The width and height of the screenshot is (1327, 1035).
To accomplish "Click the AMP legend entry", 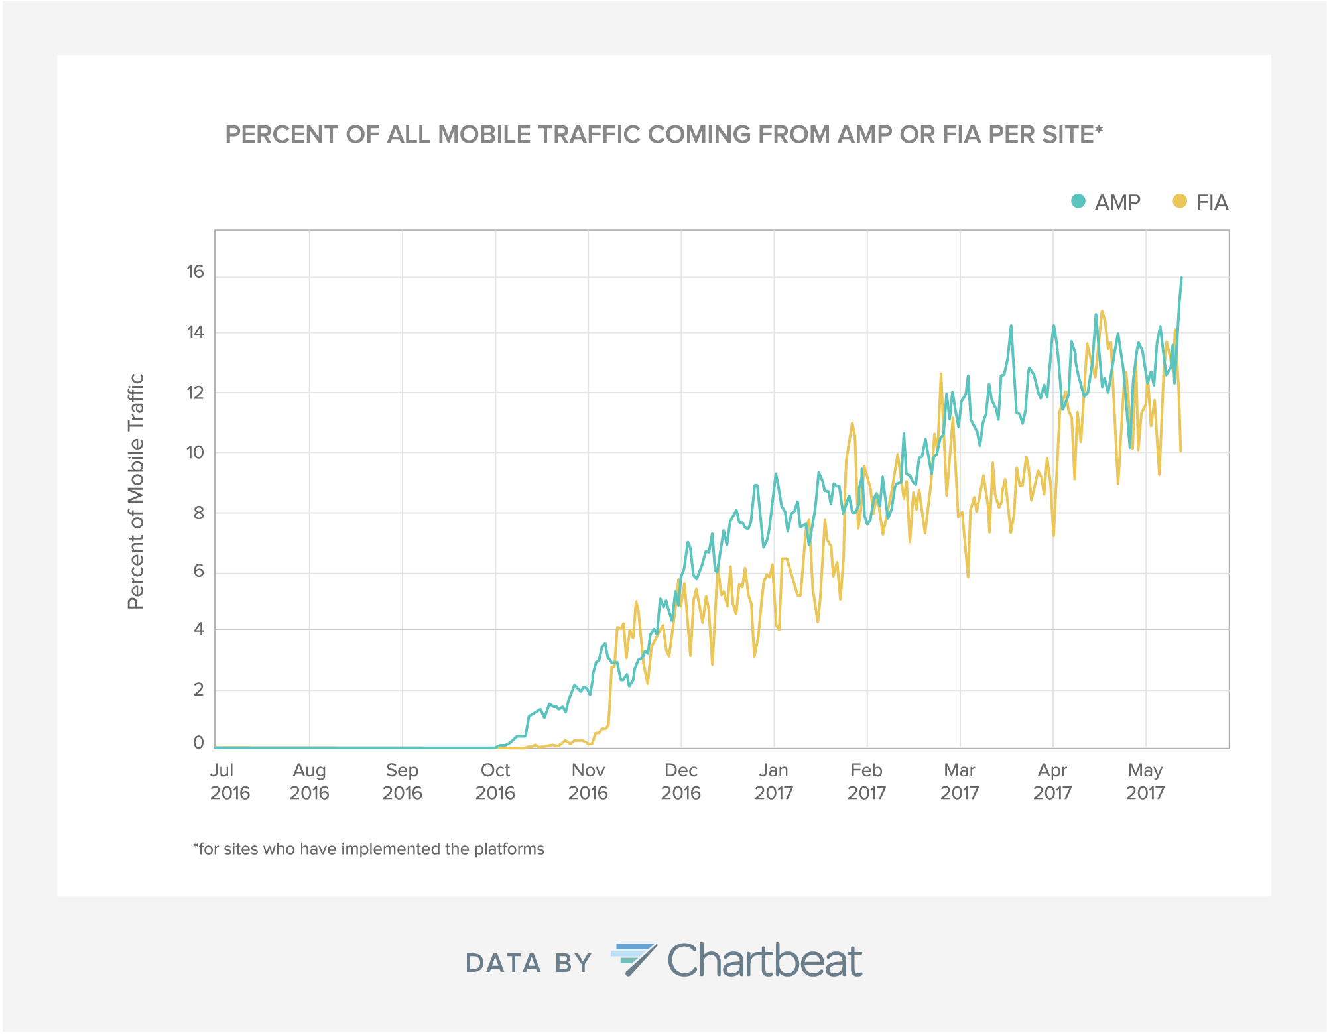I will pos(1106,202).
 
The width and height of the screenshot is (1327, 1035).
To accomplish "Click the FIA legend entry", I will pos(1200,202).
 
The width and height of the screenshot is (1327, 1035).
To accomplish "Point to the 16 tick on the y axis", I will pos(195,272).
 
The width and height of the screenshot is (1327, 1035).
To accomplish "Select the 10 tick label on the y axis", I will pos(195,453).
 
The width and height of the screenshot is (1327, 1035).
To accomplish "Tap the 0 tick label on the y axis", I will pos(198,743).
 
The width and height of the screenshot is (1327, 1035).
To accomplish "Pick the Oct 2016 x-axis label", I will pos(495,782).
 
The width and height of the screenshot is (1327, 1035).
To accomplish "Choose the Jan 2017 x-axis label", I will pos(773,782).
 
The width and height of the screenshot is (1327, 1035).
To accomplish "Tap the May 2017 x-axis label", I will pos(1145,782).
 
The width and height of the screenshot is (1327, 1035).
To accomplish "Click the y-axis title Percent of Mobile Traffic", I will pos(135,491).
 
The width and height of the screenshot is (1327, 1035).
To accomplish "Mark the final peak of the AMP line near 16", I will pos(1181,278).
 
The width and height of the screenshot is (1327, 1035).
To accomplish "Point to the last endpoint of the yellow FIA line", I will pos(1180,451).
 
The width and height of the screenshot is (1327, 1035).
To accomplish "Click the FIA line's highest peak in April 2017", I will pos(1102,311).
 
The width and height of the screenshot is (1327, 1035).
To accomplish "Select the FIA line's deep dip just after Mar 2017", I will pos(968,576).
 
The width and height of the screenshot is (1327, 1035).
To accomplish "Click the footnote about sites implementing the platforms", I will pos(369,849).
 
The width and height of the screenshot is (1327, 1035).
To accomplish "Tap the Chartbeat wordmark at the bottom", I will pos(765,961).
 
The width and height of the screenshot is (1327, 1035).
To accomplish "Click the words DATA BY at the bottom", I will pos(528,963).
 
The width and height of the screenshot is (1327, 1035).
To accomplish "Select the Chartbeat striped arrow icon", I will pos(633,959).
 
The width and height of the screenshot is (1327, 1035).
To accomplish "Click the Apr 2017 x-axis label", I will pos(1052,782).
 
